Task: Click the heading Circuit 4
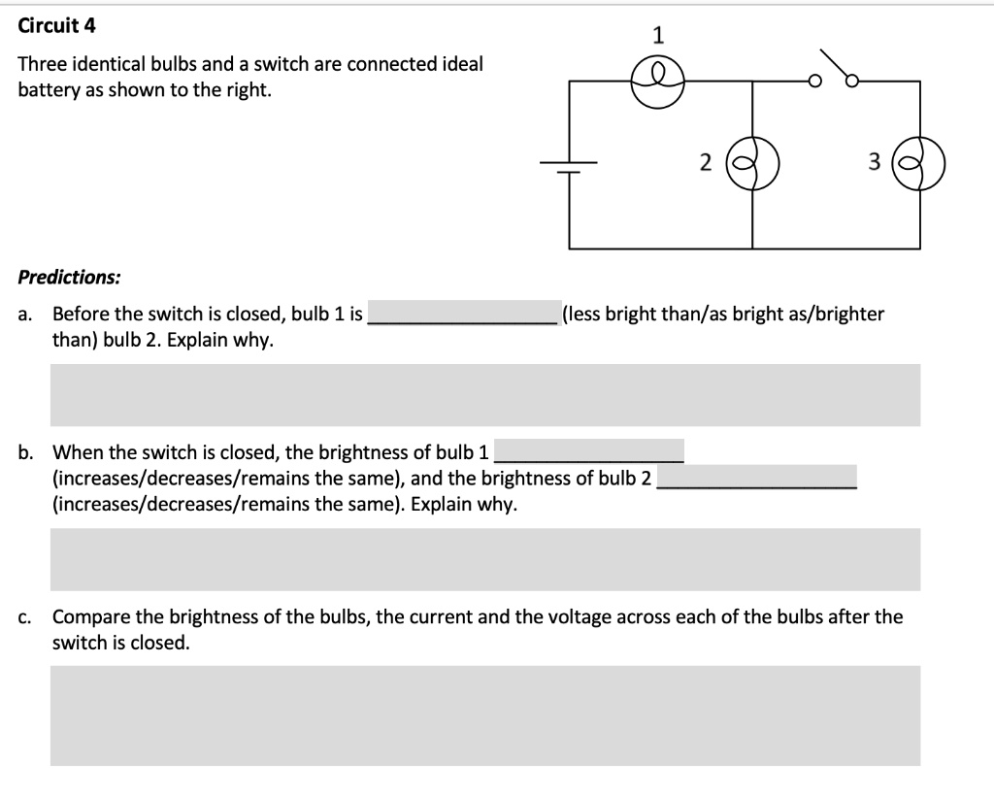point(57,26)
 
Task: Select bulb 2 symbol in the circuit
point(753,164)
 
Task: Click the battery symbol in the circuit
point(569,166)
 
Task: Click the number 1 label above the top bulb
point(658,37)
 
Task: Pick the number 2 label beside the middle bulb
point(706,163)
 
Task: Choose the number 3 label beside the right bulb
point(872,163)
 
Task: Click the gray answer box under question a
point(484,395)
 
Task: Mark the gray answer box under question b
point(484,559)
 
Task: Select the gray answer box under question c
point(484,715)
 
